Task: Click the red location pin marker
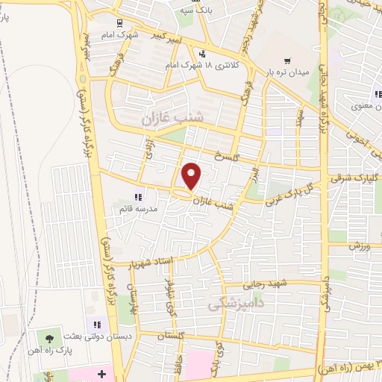[192, 176]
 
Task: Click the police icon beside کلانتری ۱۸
[202, 53]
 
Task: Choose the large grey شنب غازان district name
[163, 118]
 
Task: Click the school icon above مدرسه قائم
[138, 197]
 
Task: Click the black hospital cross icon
[102, 371]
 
